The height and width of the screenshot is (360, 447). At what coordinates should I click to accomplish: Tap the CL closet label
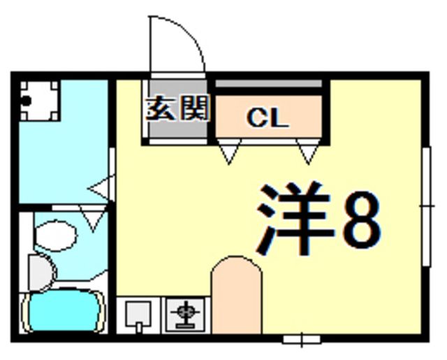(x=267, y=118)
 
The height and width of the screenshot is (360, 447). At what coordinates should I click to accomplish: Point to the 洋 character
(x=293, y=218)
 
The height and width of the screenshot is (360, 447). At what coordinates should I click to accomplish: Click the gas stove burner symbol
(x=186, y=315)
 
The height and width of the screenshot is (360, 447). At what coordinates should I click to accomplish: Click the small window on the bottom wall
(x=302, y=340)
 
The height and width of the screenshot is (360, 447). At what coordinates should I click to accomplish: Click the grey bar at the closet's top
(x=268, y=84)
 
